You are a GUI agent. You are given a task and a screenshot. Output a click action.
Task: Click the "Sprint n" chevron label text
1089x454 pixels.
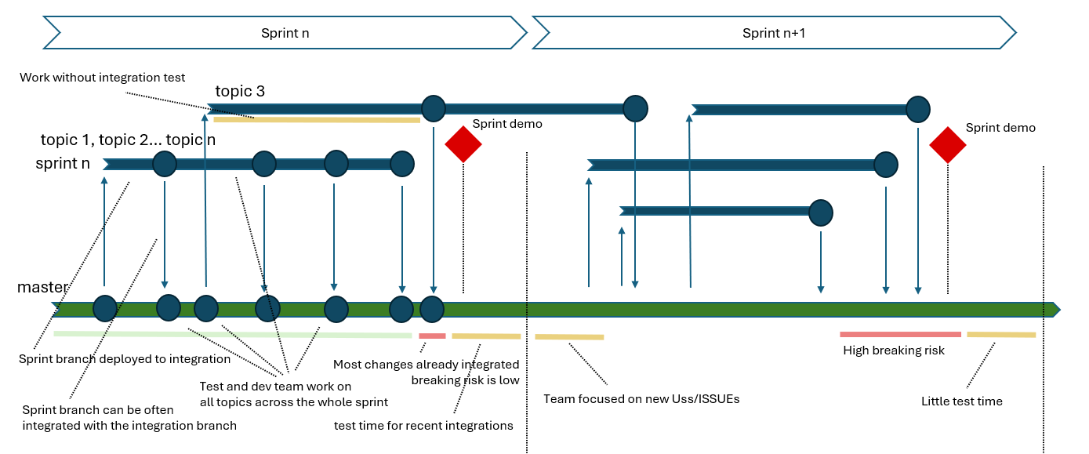285,33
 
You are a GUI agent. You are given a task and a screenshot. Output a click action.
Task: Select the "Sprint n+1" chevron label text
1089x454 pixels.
774,33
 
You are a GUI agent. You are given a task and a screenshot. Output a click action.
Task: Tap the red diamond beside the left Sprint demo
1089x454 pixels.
463,144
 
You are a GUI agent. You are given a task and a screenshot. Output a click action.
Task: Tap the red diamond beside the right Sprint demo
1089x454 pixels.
948,145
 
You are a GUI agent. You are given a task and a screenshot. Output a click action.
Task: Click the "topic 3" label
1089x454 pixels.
240,91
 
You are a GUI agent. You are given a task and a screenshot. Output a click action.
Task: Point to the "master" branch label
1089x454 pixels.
42,287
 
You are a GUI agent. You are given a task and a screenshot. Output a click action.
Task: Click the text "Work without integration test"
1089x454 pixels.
102,78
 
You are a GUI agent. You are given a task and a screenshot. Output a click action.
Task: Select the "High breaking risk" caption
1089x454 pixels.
894,350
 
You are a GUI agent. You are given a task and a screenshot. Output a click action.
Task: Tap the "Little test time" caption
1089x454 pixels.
962,401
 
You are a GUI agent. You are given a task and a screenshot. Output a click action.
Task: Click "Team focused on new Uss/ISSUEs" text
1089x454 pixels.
641,399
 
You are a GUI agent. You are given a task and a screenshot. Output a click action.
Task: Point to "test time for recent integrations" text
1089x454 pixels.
423,425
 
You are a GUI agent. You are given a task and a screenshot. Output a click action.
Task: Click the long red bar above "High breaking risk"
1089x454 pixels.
900,335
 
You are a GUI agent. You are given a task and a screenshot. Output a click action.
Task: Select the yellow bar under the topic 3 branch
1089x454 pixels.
317,119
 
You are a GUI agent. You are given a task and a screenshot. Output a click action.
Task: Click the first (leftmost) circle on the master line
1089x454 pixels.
105,308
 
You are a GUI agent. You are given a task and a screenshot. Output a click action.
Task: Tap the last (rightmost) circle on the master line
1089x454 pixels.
432,309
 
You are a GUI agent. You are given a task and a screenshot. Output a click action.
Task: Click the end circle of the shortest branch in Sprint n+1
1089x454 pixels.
821,213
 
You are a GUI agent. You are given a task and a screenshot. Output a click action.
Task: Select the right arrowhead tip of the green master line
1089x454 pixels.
1059,310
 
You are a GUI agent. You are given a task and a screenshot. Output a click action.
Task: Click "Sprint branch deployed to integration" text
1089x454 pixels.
125,359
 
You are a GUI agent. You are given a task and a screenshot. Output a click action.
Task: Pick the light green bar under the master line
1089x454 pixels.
232,335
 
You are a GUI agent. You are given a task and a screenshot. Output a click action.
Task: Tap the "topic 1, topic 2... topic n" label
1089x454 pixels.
128,140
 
